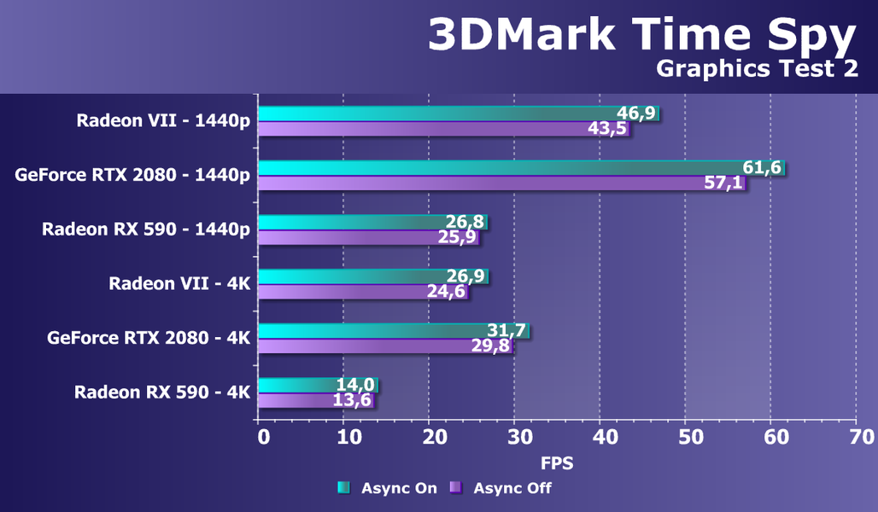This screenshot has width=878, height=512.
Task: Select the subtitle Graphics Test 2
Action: click(x=757, y=69)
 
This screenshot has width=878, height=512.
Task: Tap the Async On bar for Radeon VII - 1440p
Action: click(x=436, y=113)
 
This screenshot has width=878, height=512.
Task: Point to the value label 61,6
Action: click(x=762, y=167)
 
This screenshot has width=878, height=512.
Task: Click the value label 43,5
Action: click(x=607, y=129)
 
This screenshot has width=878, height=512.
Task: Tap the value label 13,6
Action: click(x=352, y=400)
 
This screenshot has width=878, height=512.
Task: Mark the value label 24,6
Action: click(x=447, y=292)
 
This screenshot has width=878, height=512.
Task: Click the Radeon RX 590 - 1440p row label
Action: click(x=146, y=229)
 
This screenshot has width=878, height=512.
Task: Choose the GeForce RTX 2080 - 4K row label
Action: click(x=149, y=338)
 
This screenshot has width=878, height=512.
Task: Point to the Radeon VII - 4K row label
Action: click(x=179, y=283)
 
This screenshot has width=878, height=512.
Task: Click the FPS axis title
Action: click(x=557, y=464)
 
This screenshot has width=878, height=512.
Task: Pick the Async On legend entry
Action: click(x=388, y=488)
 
